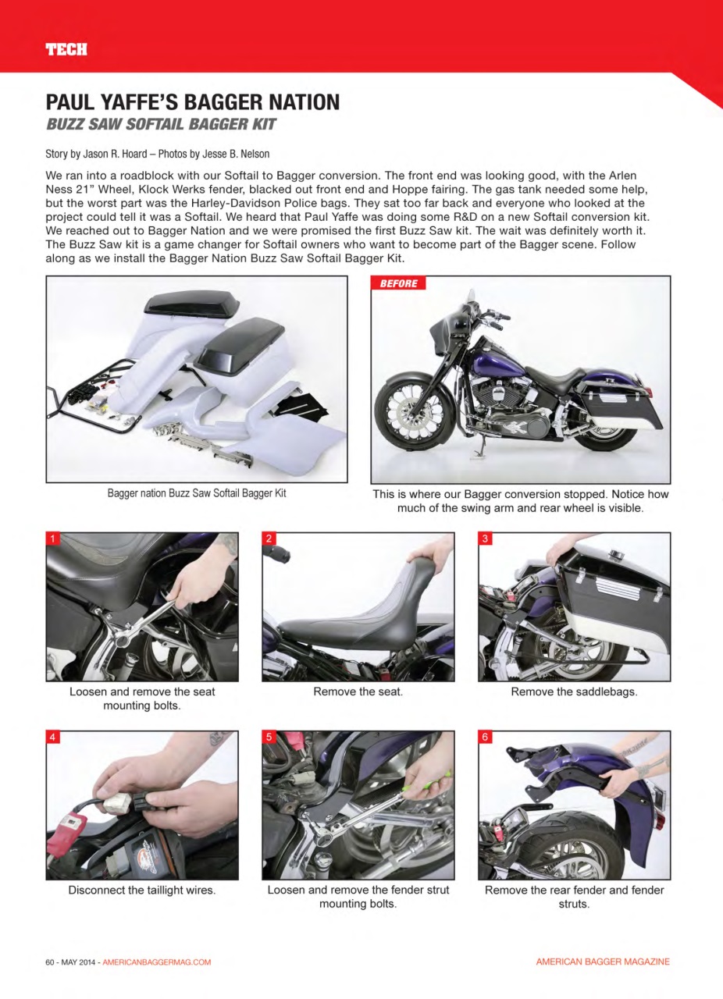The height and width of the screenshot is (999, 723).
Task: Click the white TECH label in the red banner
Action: click(x=66, y=50)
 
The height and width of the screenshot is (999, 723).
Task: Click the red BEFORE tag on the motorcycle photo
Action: click(x=398, y=283)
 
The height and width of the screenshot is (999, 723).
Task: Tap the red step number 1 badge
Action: click(x=53, y=539)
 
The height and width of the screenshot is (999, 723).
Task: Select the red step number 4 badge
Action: click(x=53, y=737)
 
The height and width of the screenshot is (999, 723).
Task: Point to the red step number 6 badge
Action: click(x=485, y=737)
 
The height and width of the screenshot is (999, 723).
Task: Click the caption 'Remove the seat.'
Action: click(x=358, y=691)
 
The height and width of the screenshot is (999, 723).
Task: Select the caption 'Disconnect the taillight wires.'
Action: click(x=142, y=890)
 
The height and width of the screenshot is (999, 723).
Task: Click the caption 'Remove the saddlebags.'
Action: click(x=574, y=691)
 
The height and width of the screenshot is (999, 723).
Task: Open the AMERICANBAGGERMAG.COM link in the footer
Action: click(x=157, y=962)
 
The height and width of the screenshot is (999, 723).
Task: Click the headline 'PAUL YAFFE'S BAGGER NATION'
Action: click(x=193, y=102)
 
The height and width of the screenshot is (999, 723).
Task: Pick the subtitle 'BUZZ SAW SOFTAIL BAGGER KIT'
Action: click(x=161, y=125)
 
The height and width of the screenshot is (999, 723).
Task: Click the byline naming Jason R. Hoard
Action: click(x=158, y=154)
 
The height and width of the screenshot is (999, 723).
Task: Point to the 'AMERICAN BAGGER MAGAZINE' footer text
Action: click(x=602, y=962)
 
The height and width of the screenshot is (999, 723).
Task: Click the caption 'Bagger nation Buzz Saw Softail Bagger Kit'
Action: click(x=197, y=493)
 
